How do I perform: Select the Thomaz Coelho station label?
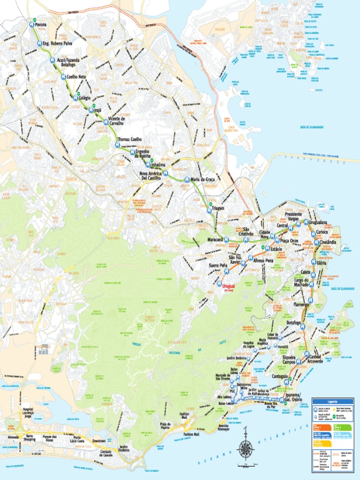(129, 139)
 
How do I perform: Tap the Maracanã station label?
(215, 240)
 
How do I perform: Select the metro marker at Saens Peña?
(227, 271)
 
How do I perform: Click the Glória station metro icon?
(317, 262)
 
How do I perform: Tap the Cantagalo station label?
(276, 375)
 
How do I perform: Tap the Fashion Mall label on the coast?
(191, 434)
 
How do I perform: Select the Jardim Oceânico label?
(124, 448)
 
